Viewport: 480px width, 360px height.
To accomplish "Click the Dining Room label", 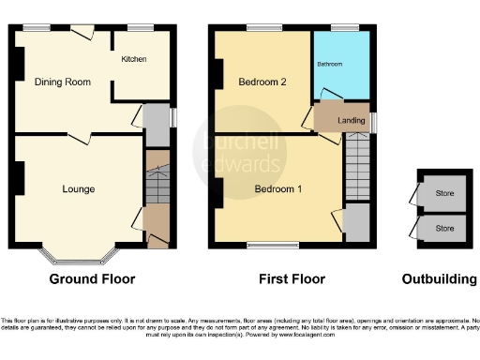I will pos(63,82).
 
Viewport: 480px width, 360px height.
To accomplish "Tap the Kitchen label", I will pos(133,59).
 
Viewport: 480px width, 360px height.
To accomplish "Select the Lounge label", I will pos(78,189).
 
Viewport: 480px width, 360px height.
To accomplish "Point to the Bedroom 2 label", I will pos(262,82).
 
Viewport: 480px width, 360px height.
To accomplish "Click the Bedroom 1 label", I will pos(278,188).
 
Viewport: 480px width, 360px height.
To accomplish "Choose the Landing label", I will pos(351,119).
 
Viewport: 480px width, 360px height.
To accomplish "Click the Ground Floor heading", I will pos(92,279).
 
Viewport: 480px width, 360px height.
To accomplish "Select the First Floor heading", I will pos(292,279).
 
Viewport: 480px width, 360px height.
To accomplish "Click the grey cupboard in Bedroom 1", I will pos(357,224).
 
